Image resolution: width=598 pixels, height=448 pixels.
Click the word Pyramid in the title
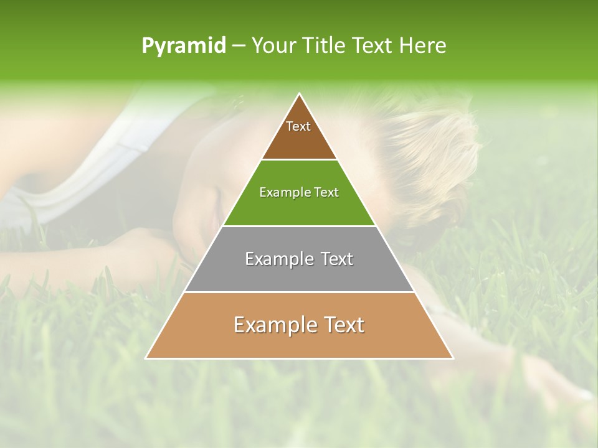click(x=183, y=46)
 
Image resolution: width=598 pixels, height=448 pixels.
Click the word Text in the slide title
click(x=374, y=46)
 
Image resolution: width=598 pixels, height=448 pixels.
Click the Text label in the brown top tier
click(x=298, y=126)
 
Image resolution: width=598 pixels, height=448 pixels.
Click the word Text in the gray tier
click(x=338, y=259)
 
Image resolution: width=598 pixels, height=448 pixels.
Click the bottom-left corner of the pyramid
click(x=146, y=358)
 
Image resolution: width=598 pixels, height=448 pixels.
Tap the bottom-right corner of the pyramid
click(x=453, y=358)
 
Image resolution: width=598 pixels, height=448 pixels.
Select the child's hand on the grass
click(x=554, y=380)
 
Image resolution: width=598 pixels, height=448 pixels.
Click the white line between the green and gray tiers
click(x=300, y=226)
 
